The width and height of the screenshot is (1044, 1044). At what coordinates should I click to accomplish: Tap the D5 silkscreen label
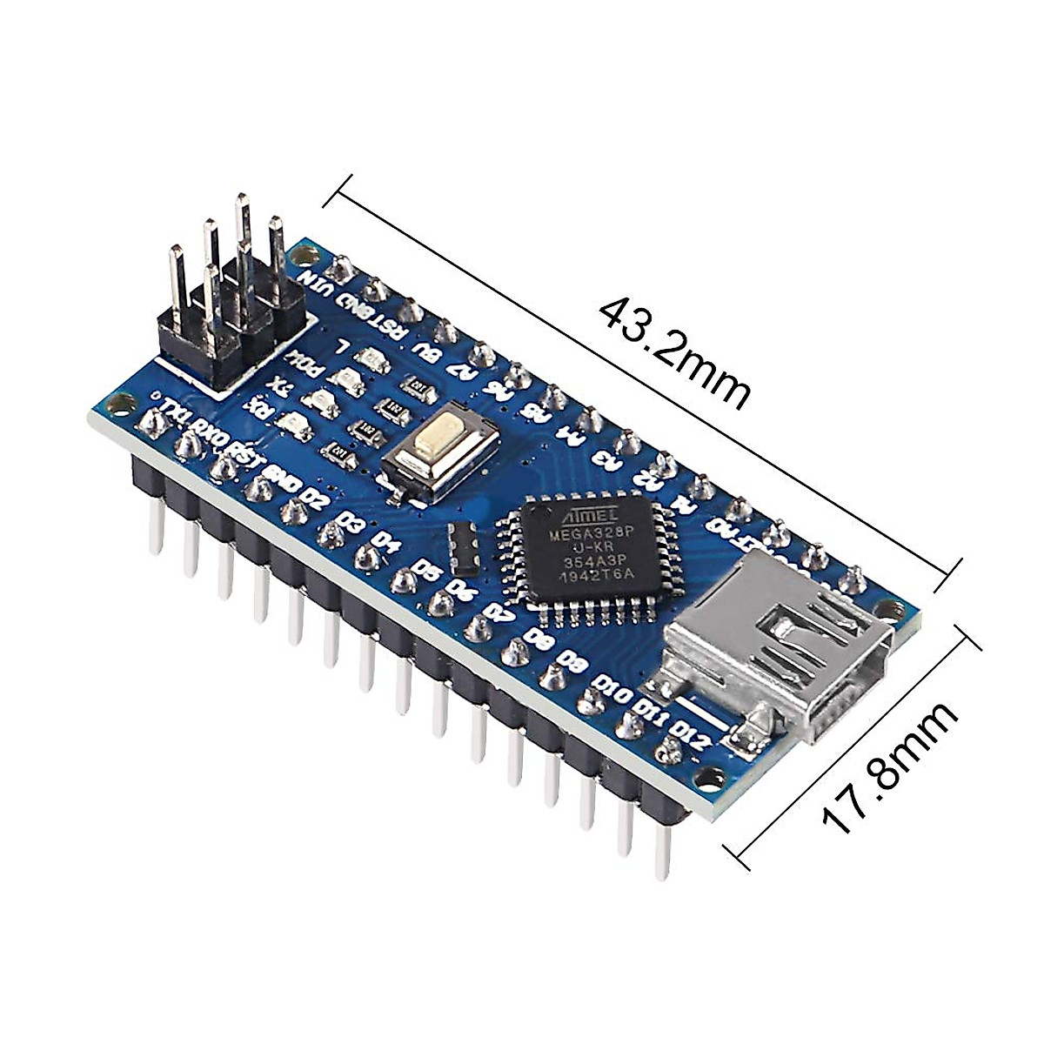tap(426, 570)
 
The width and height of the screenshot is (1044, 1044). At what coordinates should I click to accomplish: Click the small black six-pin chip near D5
tap(465, 549)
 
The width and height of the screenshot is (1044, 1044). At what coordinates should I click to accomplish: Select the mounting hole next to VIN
tap(304, 255)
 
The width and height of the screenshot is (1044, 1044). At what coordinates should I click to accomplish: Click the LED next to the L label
tap(372, 358)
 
